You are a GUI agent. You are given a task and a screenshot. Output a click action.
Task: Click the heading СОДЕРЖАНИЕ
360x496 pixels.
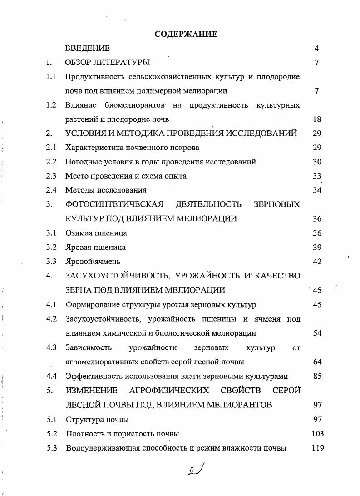(x=186, y=34)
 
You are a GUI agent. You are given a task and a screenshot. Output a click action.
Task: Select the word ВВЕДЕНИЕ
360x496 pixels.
(x=88, y=48)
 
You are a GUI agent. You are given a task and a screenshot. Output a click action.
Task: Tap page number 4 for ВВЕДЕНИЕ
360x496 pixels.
(x=316, y=48)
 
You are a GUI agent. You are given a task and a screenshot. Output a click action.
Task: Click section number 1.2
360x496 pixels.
(x=51, y=105)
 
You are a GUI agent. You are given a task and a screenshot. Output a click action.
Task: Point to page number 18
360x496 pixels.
(x=316, y=119)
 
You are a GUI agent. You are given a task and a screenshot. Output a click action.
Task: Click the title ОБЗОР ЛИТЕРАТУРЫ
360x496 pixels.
(x=108, y=62)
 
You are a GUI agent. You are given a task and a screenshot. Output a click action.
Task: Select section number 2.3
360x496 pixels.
(x=51, y=176)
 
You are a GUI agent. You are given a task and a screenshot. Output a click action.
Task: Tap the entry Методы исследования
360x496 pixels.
(x=106, y=190)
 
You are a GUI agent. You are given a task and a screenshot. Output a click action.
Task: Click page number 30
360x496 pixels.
(x=316, y=162)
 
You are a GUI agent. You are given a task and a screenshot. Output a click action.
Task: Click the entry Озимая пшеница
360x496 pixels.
(x=96, y=233)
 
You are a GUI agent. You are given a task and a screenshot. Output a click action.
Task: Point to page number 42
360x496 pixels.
(x=316, y=262)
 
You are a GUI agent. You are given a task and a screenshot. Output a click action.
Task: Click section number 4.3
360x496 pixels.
(x=51, y=348)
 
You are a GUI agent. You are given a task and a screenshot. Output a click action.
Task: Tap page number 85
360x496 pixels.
(x=316, y=376)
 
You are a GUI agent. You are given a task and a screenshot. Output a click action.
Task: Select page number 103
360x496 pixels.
(x=317, y=434)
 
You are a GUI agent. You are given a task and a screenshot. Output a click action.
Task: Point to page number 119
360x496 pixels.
(x=317, y=448)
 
